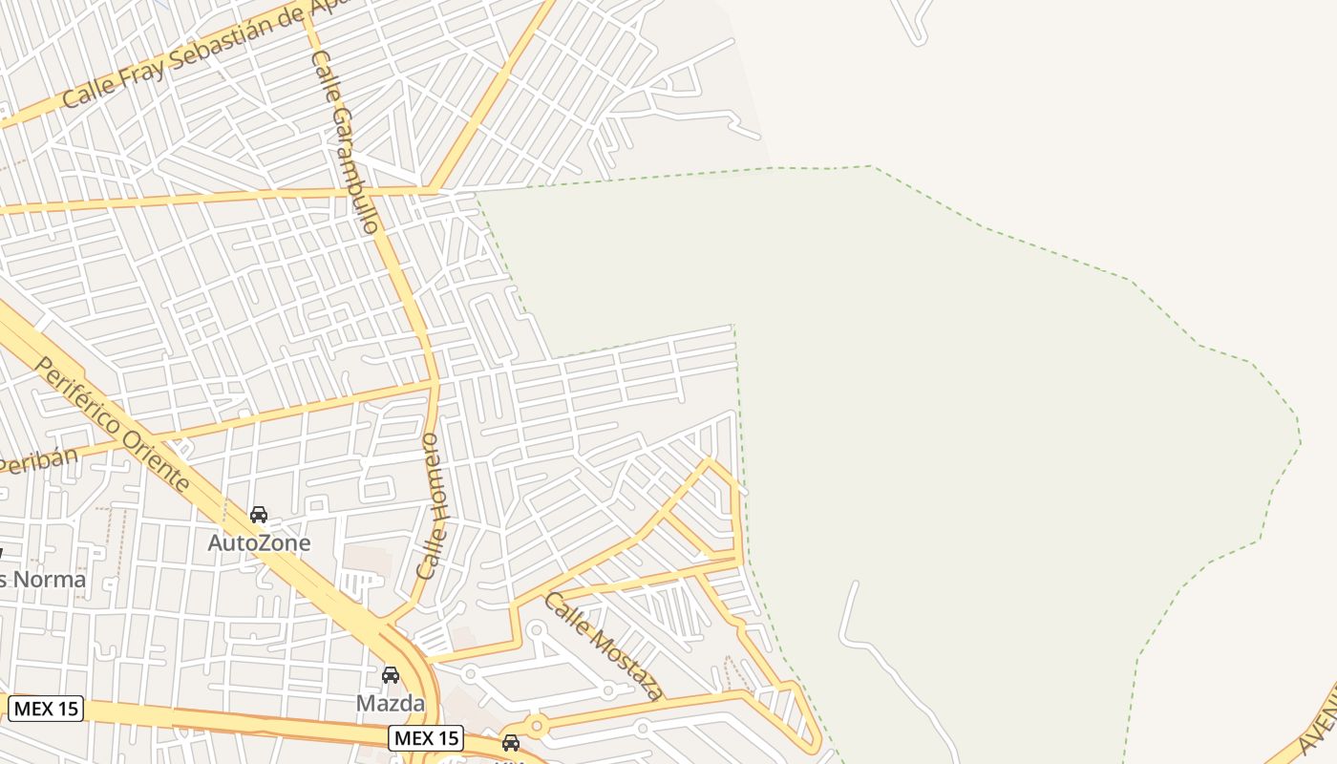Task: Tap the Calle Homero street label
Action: [433, 505]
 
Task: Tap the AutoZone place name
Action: [259, 543]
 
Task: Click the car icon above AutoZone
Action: [258, 516]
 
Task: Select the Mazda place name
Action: [390, 704]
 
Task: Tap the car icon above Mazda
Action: [390, 675]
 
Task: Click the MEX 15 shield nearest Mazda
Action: [426, 738]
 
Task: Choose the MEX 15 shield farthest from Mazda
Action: [46, 709]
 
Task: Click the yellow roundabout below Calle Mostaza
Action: [536, 727]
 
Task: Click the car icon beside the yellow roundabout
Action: [511, 743]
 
